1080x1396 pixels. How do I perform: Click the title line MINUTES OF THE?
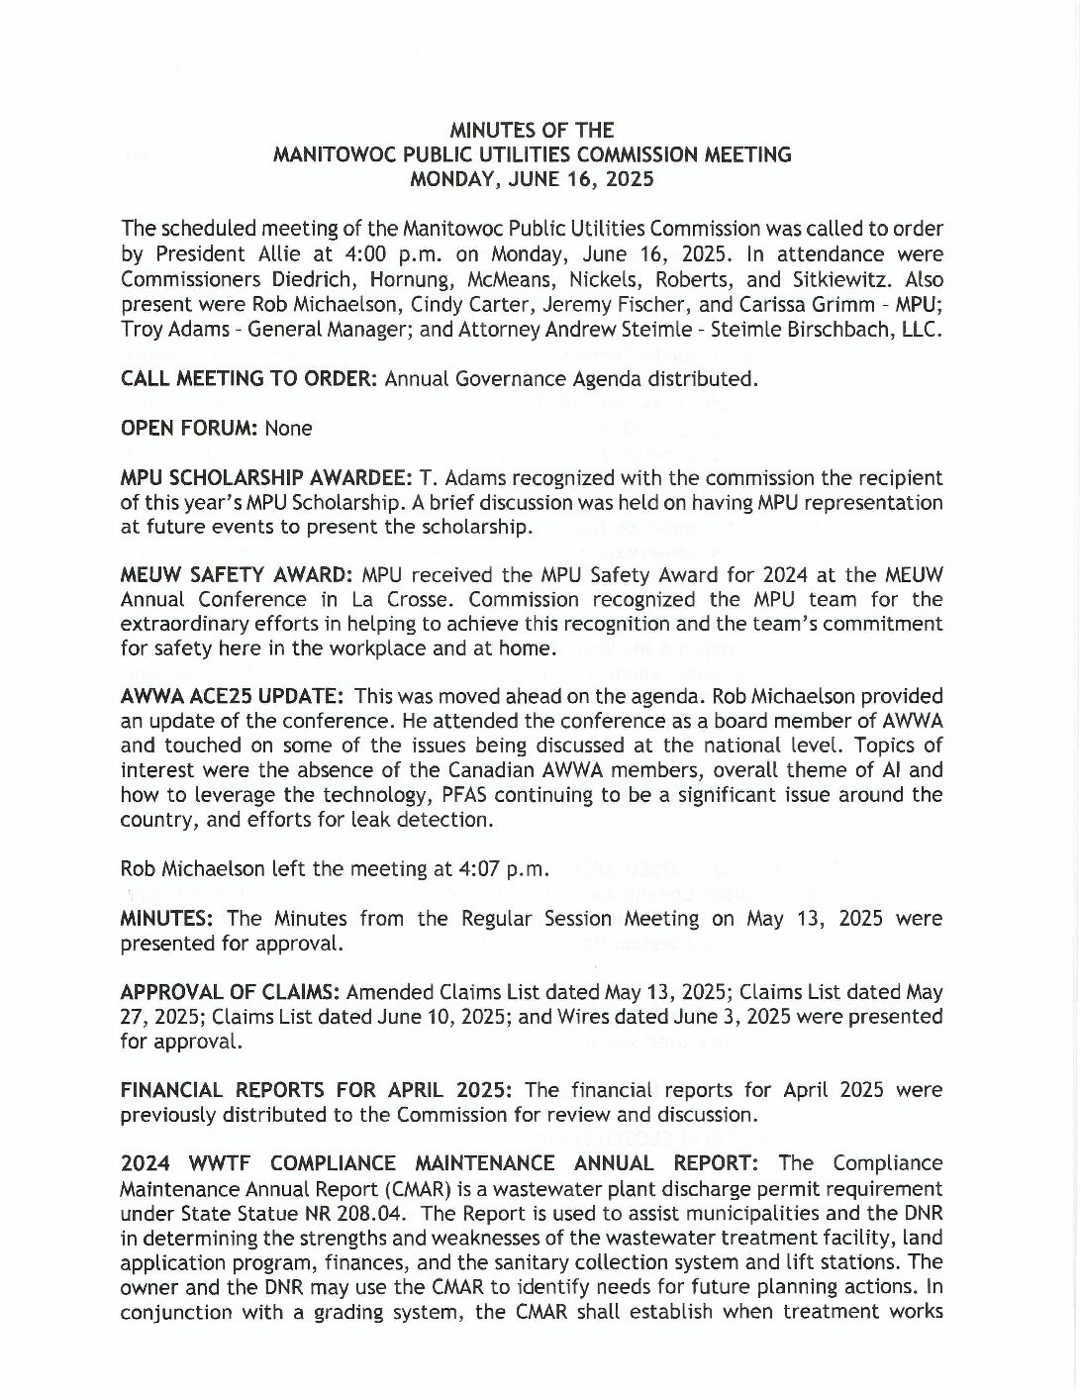point(532,131)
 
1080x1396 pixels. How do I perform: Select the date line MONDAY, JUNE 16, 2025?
point(532,179)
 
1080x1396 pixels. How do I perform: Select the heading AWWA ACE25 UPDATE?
point(233,697)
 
